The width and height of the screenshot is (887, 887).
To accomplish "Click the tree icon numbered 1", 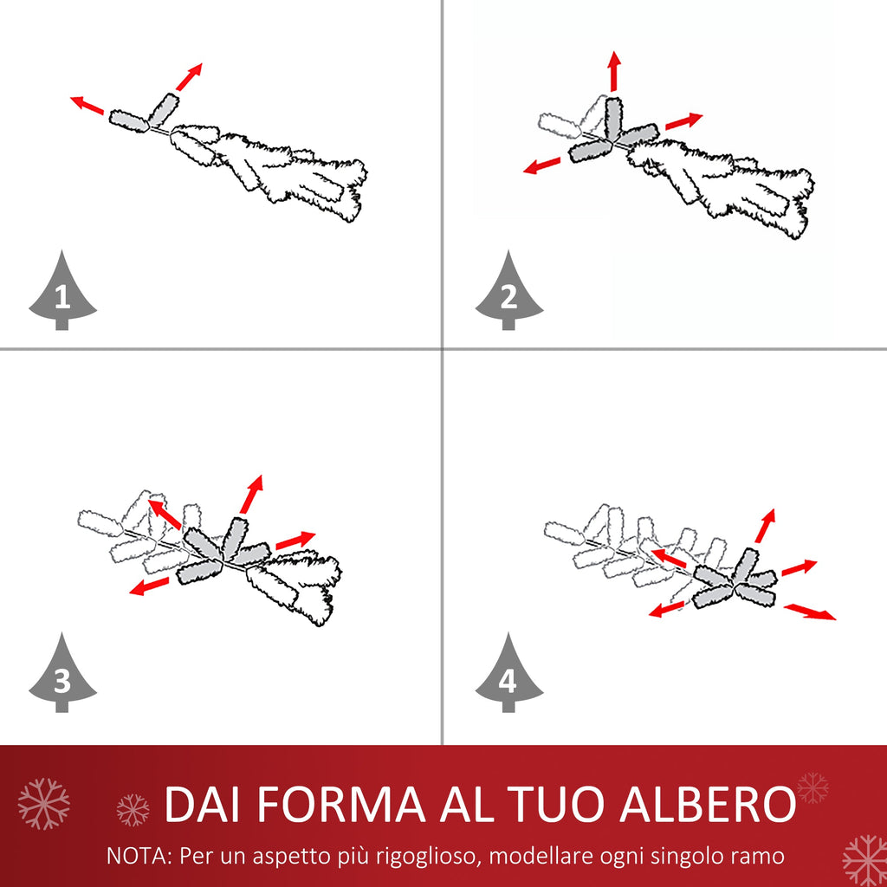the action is (x=62, y=295).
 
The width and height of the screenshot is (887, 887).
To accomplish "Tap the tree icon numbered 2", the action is (x=509, y=295).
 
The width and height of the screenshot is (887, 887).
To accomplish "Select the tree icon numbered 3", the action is (x=62, y=677).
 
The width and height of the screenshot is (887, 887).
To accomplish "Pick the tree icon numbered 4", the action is (x=509, y=677).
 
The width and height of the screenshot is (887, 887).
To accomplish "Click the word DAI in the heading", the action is (x=201, y=804).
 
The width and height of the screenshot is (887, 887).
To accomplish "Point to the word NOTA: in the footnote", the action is (x=139, y=856).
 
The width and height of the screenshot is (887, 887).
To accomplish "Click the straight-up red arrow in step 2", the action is (x=615, y=71).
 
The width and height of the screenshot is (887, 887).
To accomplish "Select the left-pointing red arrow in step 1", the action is (x=87, y=105).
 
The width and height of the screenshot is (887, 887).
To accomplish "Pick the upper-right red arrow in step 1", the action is (x=189, y=77).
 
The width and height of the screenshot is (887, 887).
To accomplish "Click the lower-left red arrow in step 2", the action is (x=542, y=165).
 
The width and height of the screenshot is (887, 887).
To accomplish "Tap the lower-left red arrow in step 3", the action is (x=149, y=586).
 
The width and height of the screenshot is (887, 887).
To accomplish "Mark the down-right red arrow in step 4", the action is (x=810, y=612).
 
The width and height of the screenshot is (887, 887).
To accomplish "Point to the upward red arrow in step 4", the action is (x=765, y=526).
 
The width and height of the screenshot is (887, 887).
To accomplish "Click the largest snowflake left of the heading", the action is (x=43, y=803).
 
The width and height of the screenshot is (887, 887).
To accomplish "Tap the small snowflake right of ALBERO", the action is (x=813, y=788).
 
